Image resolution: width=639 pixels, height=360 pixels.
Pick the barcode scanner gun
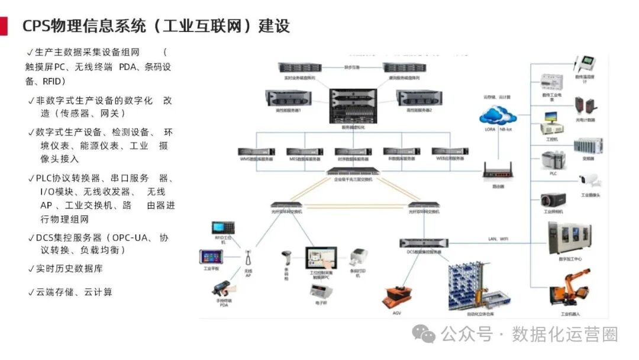tap(286, 260)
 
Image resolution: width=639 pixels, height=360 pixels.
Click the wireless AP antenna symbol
tap(248, 259)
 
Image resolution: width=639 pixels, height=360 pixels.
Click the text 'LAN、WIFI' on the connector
tap(498, 239)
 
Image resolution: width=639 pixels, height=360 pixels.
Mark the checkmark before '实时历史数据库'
tap(31, 269)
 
